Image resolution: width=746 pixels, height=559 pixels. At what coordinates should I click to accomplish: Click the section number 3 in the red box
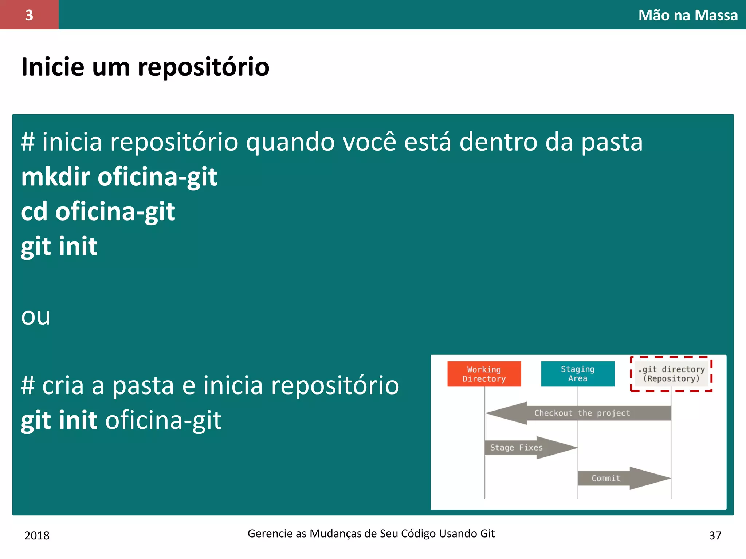(x=29, y=15)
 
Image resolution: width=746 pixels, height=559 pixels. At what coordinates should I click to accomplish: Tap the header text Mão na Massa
(x=688, y=15)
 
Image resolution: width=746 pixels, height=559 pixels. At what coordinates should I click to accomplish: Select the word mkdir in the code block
(x=55, y=177)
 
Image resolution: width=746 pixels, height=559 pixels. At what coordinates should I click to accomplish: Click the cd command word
(x=34, y=212)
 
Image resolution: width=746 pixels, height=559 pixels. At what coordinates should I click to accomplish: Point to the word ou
(x=35, y=317)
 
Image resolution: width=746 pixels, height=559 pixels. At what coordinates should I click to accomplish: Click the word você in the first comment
(x=369, y=142)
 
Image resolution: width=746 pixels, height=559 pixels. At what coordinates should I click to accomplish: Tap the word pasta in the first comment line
(x=612, y=142)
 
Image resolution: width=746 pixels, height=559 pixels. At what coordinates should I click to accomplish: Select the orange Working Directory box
(x=484, y=374)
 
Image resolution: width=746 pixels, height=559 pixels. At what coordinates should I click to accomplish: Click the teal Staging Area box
(x=577, y=374)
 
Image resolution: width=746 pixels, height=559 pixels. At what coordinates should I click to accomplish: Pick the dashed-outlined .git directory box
(x=671, y=374)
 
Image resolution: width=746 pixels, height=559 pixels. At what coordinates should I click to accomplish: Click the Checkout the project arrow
(x=582, y=413)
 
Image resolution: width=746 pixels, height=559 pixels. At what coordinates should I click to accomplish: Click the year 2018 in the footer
(x=37, y=535)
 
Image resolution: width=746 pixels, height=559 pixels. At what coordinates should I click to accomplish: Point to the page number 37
(x=715, y=535)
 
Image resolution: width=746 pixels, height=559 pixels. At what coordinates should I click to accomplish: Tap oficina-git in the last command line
(x=163, y=421)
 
